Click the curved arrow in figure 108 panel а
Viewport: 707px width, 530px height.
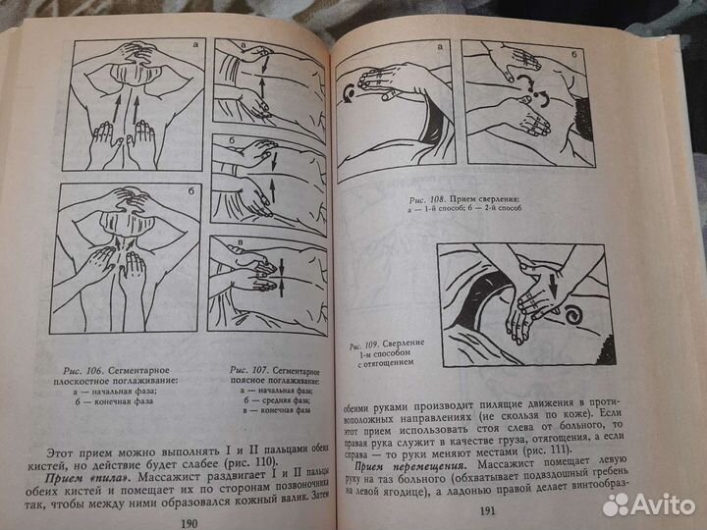coord(351,92)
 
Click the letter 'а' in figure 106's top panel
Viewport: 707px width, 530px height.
coord(194,45)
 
